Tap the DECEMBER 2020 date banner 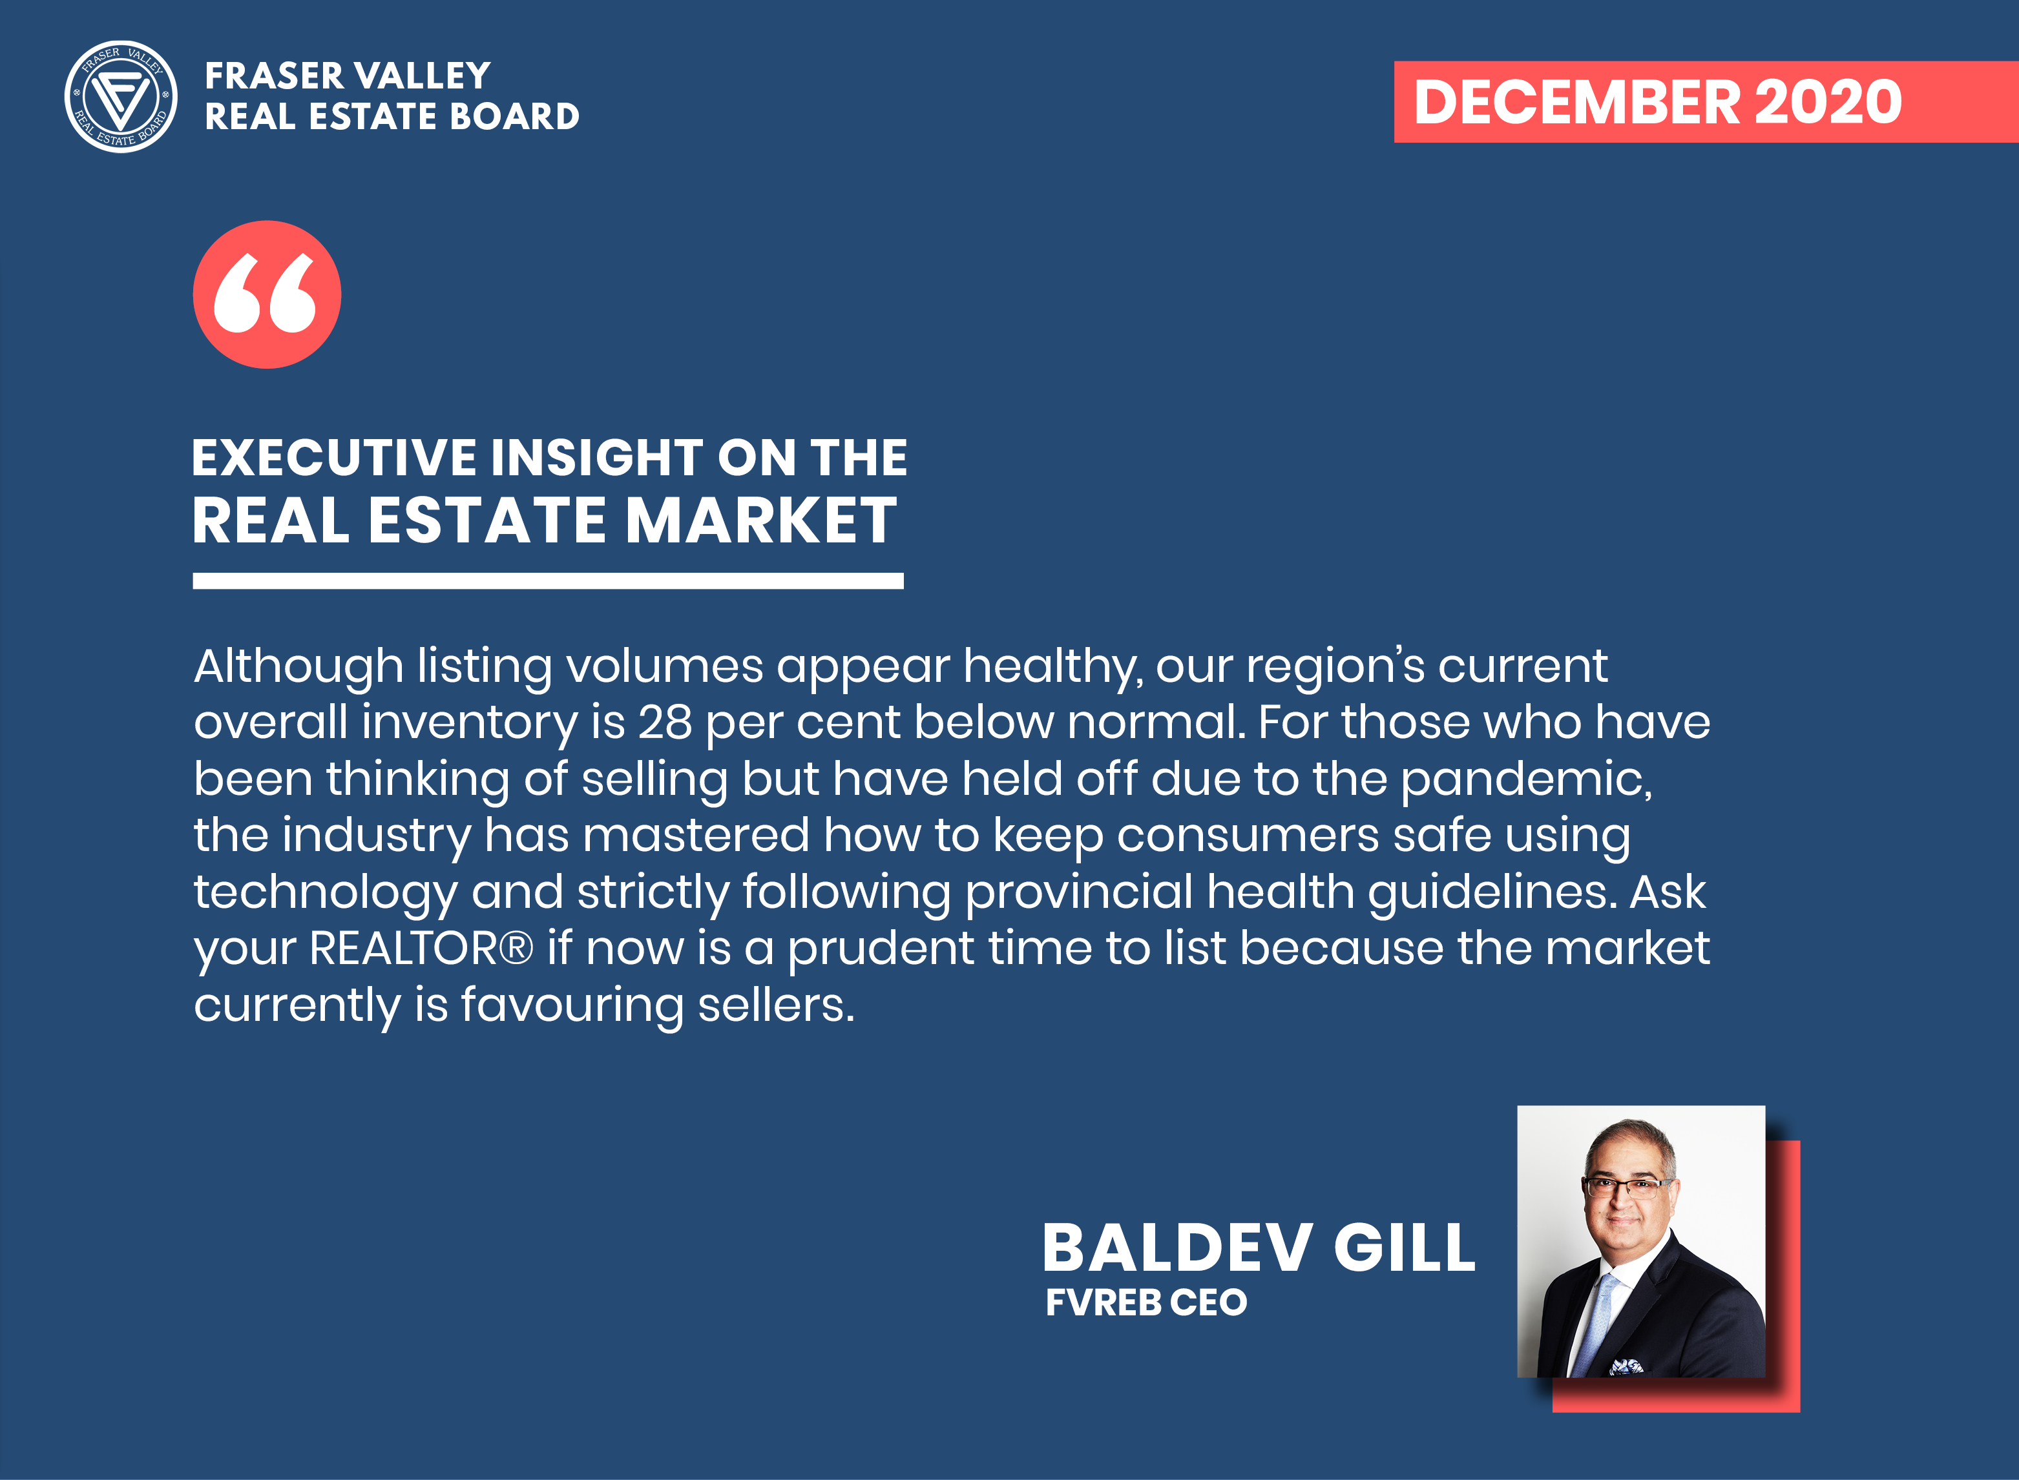point(1706,101)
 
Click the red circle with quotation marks point(267,294)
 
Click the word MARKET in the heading point(761,520)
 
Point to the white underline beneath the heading point(547,581)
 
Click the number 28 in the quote point(665,722)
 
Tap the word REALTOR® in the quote point(421,948)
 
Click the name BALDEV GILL point(1258,1248)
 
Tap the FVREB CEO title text point(1146,1302)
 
